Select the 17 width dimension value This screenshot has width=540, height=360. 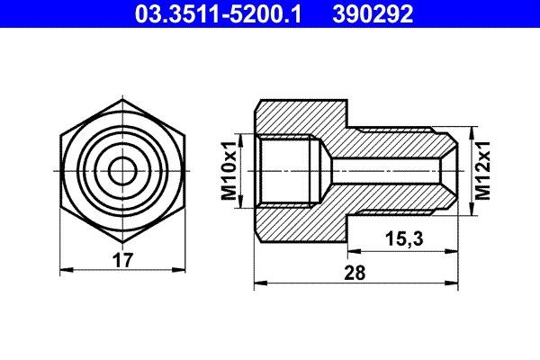tap(123, 260)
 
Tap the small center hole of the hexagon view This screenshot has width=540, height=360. tap(121, 169)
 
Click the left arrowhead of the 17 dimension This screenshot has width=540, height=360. tap(63, 269)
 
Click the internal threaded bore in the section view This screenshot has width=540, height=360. tap(288, 169)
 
